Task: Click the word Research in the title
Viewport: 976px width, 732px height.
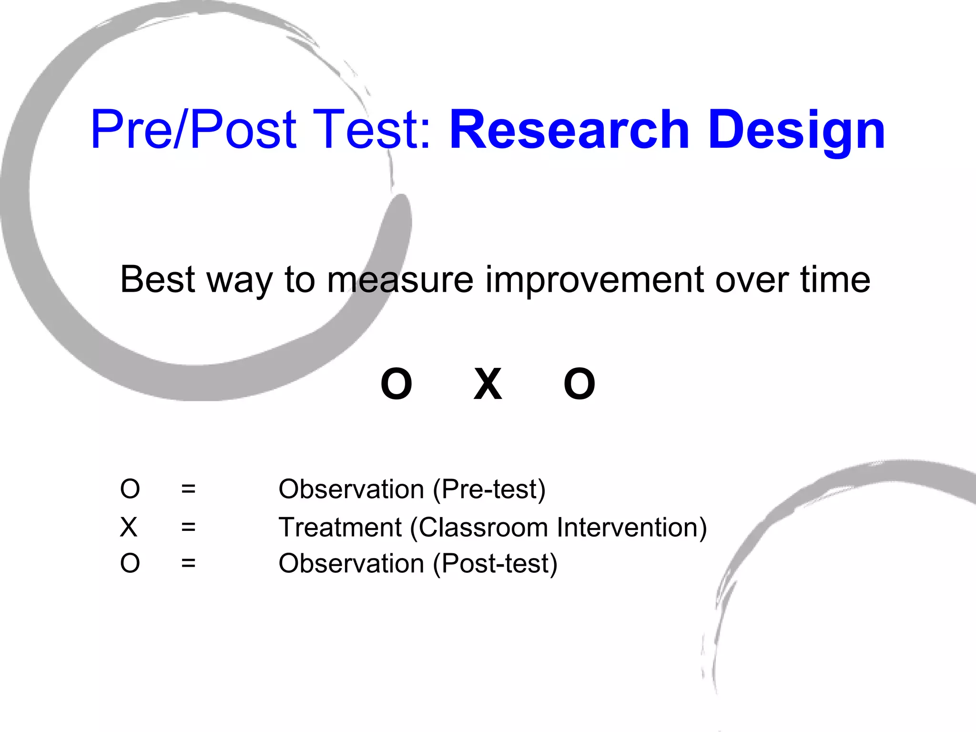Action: (x=569, y=130)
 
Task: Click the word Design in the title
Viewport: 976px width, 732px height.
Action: (x=797, y=130)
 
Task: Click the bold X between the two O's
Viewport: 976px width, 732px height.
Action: (x=488, y=384)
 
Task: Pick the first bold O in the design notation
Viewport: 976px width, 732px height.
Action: (x=396, y=384)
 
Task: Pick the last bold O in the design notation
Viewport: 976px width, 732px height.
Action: (x=579, y=384)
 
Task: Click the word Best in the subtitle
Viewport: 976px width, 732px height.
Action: (x=158, y=279)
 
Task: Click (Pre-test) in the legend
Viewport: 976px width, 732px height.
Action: (x=489, y=489)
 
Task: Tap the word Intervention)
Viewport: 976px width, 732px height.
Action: (x=632, y=528)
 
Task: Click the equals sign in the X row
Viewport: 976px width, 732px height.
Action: (x=188, y=528)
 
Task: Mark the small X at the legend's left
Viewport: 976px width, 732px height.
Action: (x=129, y=528)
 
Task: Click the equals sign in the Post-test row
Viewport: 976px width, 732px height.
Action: (x=188, y=564)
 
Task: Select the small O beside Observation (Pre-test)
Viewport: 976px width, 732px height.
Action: (x=130, y=489)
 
